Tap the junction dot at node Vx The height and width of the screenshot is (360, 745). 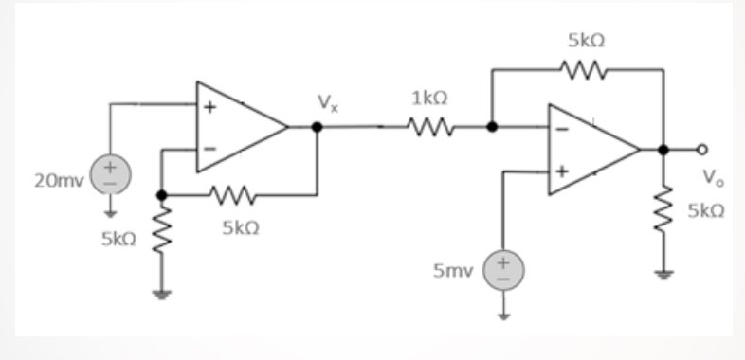pos(318,126)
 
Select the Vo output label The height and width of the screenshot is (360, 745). pos(708,177)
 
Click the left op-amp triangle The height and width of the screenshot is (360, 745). pos(237,126)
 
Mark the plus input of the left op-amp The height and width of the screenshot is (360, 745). pos(211,105)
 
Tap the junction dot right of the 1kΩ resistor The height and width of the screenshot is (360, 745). pos(491,126)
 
